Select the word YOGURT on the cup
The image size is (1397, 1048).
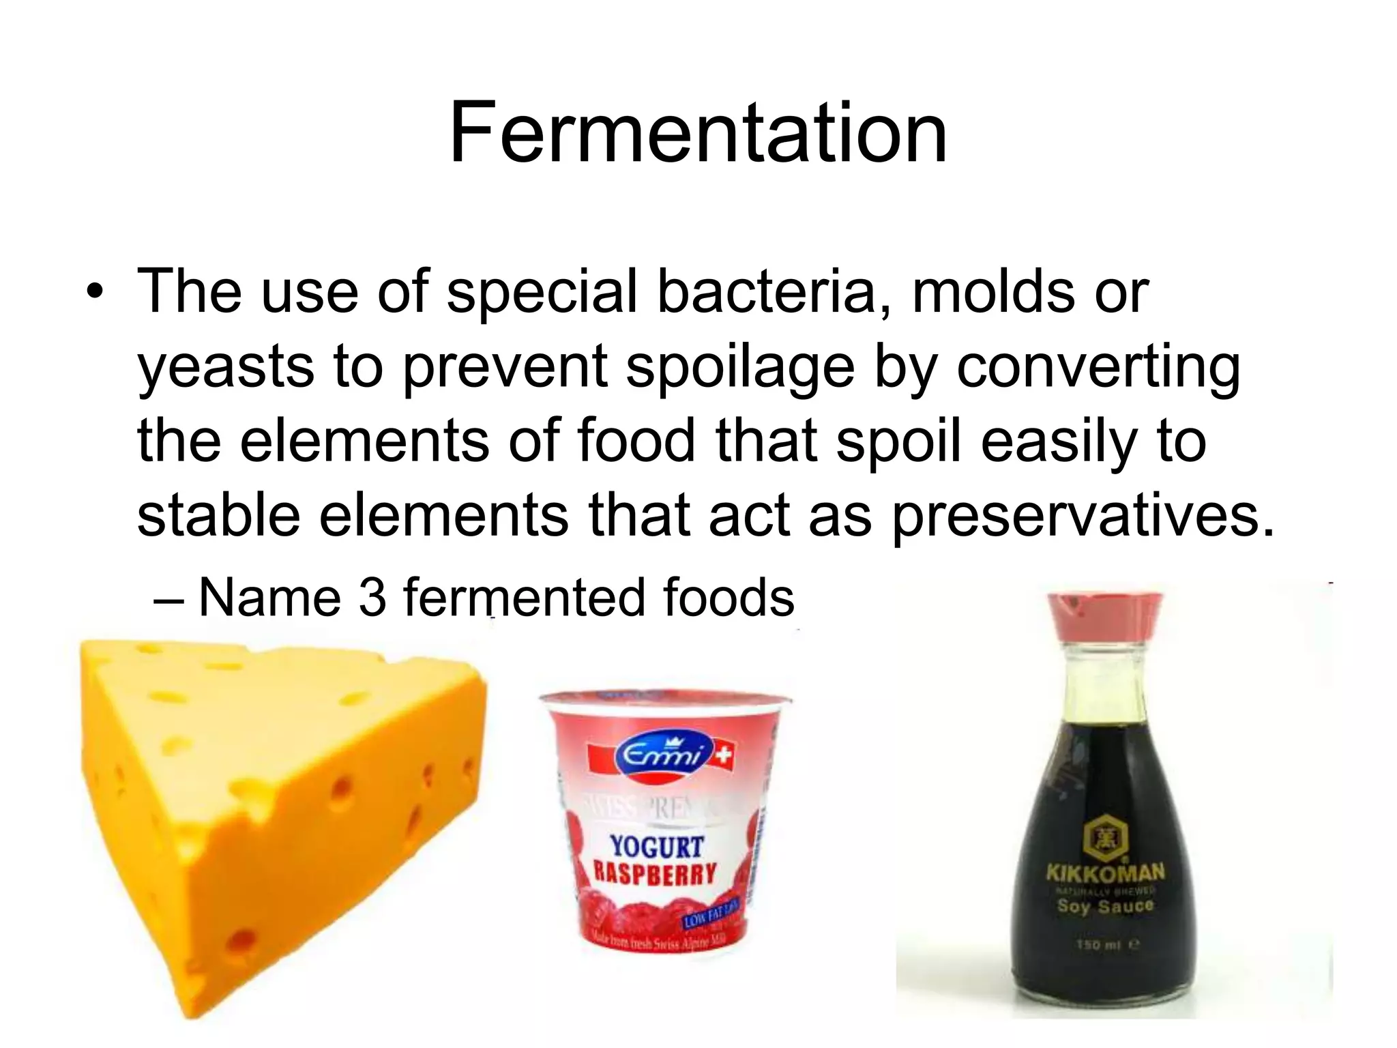pyautogui.click(x=656, y=847)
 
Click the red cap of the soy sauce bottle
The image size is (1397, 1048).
pyautogui.click(x=1106, y=613)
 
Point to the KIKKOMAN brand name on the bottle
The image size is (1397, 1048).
pyautogui.click(x=1105, y=872)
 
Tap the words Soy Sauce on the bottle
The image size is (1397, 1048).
pyautogui.click(x=1104, y=907)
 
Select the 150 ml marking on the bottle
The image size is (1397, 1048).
pyautogui.click(x=1104, y=945)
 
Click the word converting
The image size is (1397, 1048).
pyautogui.click(x=1098, y=366)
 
